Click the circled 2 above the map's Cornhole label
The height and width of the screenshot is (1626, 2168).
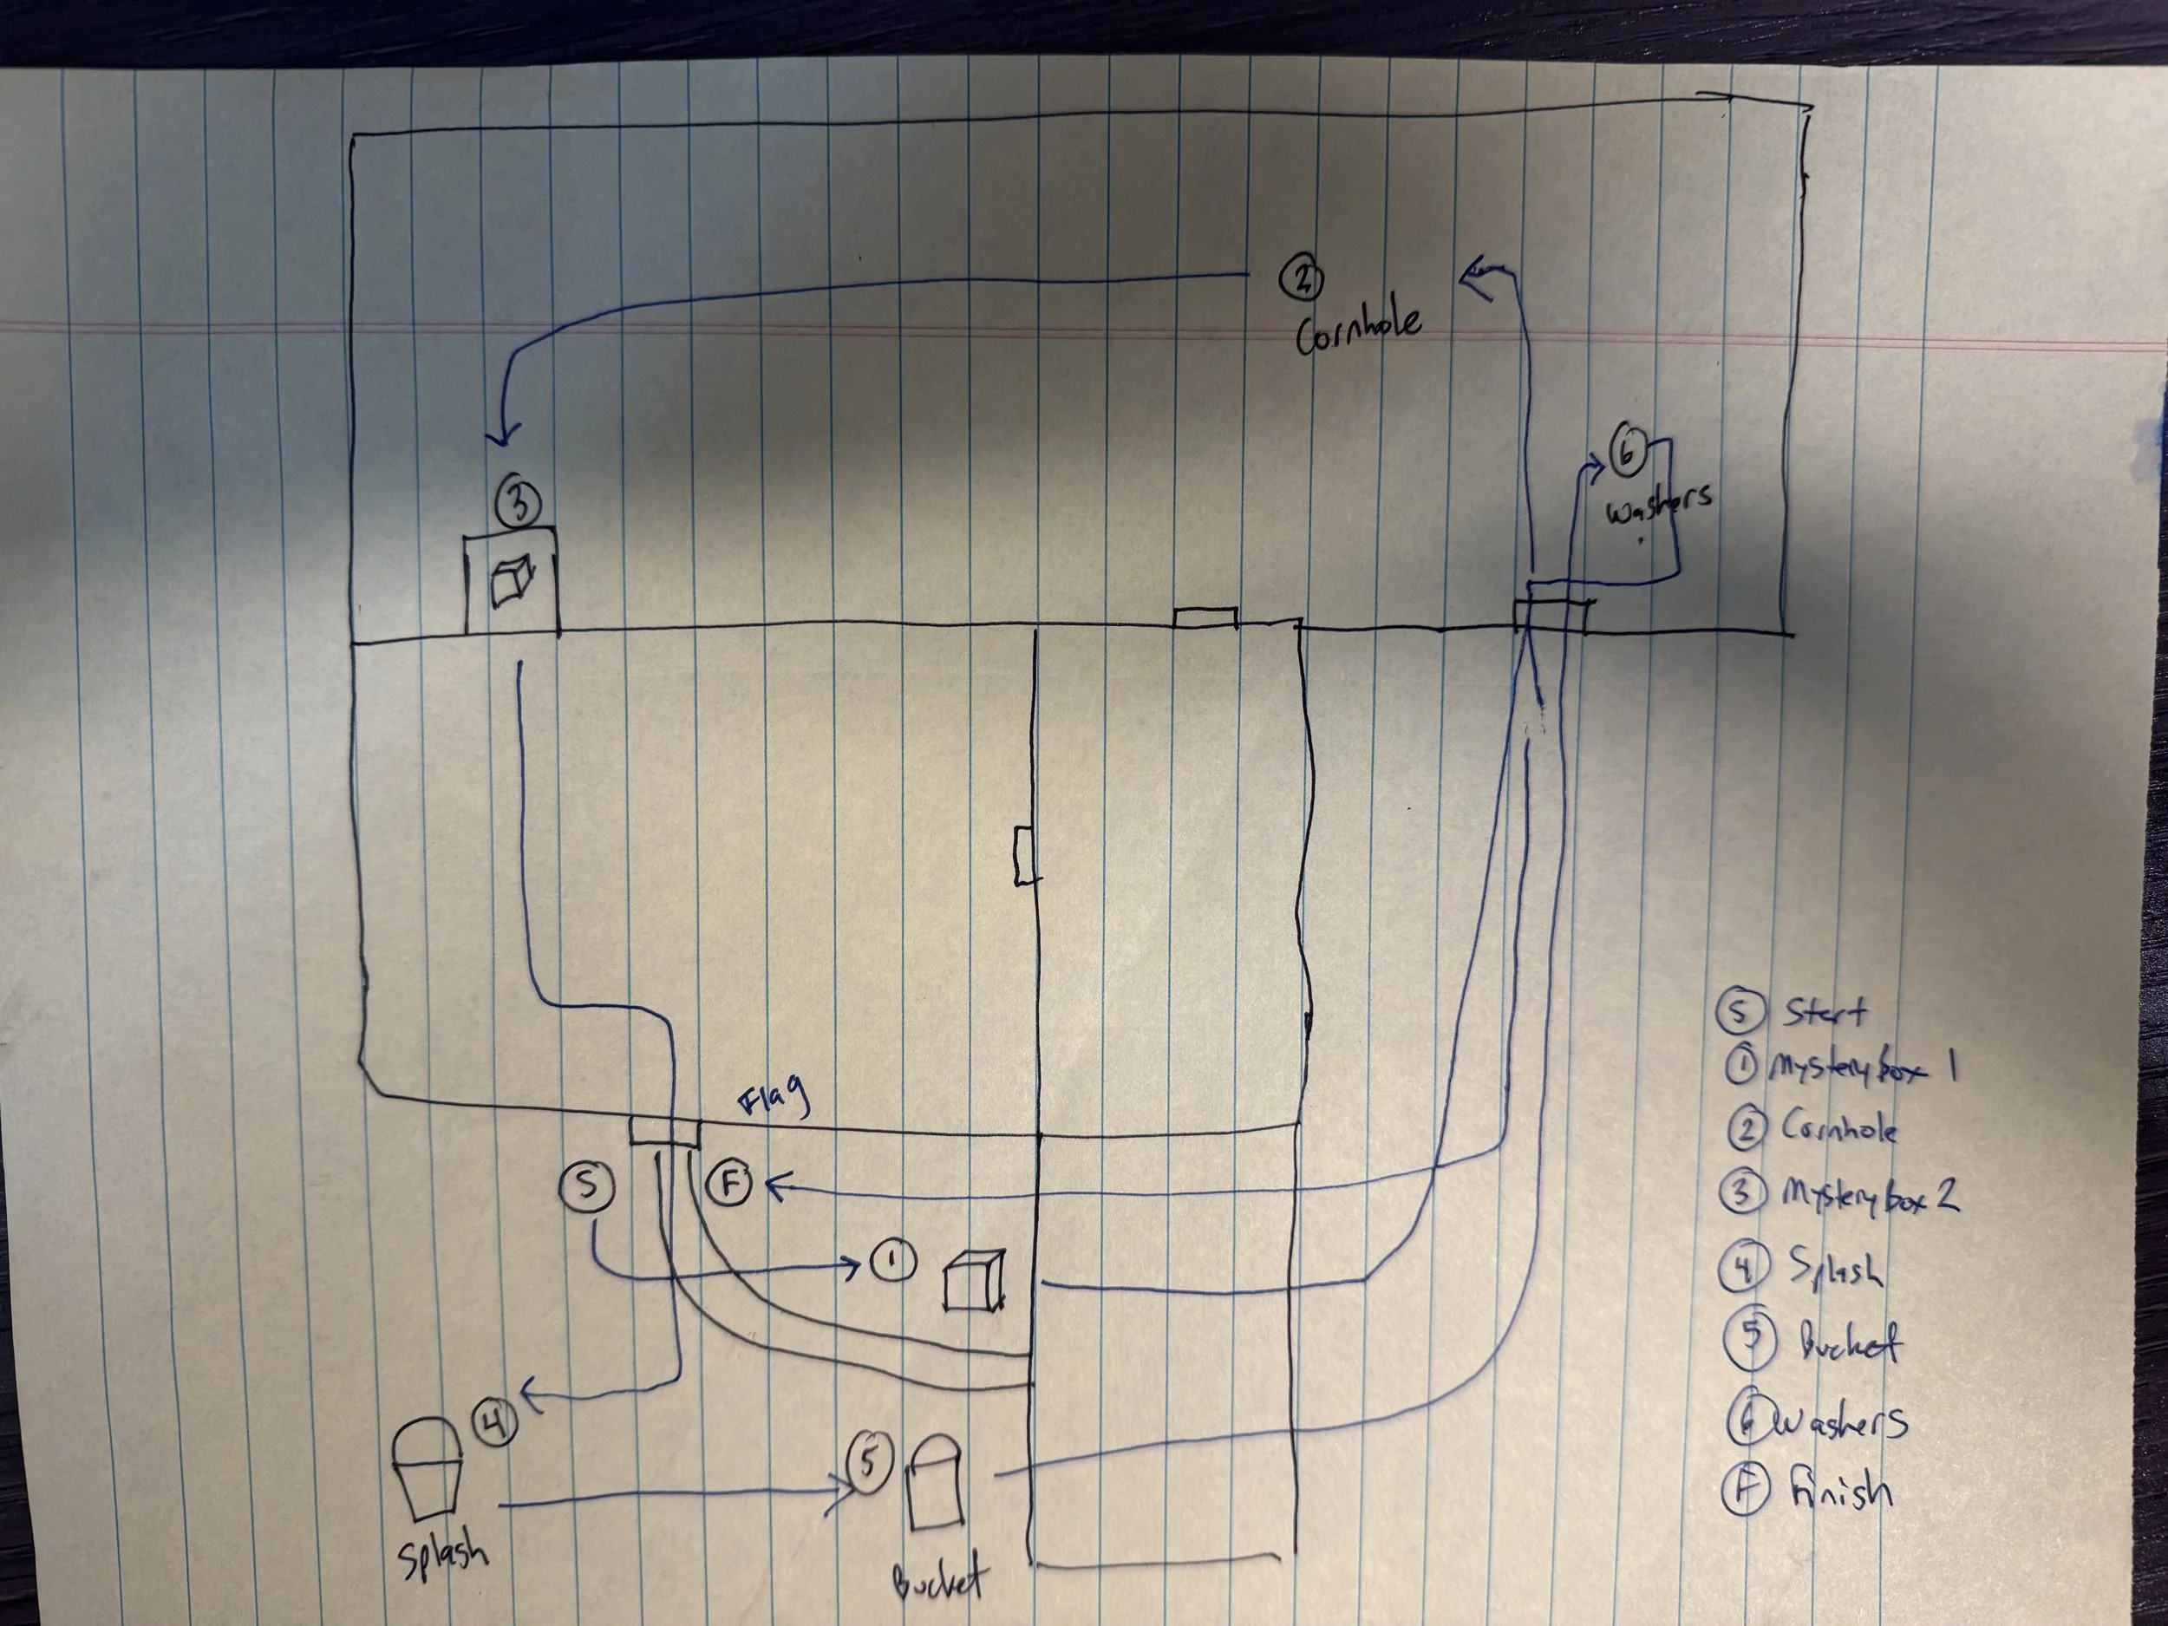(1302, 278)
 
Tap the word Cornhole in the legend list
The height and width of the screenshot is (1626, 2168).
(1837, 1129)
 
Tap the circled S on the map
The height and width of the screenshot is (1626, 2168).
(586, 1187)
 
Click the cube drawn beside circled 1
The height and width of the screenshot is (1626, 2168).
(973, 1280)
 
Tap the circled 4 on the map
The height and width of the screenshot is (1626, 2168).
(496, 1420)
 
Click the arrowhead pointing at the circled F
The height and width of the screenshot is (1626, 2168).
(776, 1188)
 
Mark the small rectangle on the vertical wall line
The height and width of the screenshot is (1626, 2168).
(1026, 856)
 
